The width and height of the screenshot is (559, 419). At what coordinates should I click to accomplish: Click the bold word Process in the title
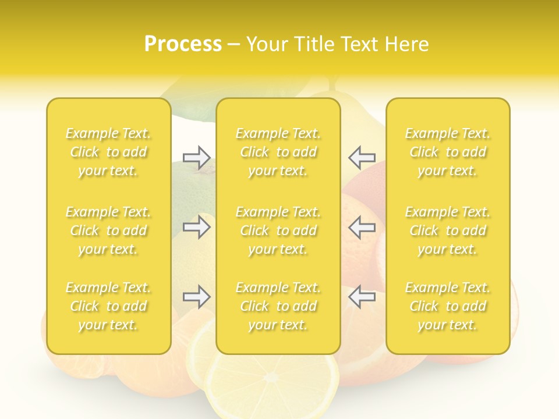tap(183, 44)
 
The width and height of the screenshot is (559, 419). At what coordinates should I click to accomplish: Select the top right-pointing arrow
tap(196, 157)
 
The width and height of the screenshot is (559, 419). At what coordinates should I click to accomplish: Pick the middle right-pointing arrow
tap(196, 227)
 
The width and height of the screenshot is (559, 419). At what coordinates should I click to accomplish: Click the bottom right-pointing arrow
tap(196, 297)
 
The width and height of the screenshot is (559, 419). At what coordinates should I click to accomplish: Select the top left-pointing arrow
tap(362, 157)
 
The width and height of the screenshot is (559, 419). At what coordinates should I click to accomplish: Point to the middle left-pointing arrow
tap(362, 227)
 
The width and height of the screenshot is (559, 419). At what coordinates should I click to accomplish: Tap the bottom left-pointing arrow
tap(362, 297)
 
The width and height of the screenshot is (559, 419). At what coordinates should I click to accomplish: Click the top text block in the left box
tap(108, 152)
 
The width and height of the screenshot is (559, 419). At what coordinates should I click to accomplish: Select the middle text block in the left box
tap(108, 230)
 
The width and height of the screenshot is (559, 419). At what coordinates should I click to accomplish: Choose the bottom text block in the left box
tap(108, 306)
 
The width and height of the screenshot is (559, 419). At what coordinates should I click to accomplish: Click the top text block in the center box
tap(278, 152)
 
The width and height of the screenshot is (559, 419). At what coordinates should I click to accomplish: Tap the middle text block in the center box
tap(278, 230)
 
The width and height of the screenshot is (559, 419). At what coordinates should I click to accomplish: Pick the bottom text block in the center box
tap(278, 306)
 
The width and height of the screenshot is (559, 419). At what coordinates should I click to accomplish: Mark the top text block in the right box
tap(448, 152)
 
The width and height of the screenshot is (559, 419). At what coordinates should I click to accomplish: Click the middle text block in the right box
tap(448, 230)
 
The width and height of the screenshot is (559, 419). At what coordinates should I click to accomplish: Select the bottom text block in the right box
tap(448, 306)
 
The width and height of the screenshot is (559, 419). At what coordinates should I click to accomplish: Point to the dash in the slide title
tap(233, 45)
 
